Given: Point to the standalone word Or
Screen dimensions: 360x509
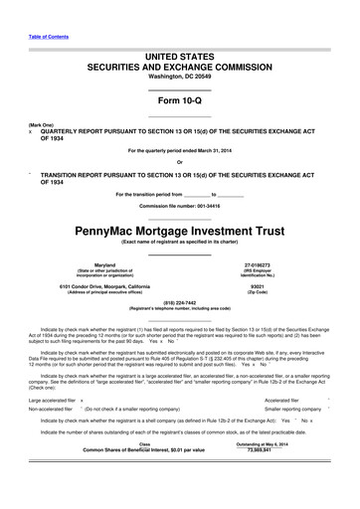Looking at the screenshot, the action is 180,162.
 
